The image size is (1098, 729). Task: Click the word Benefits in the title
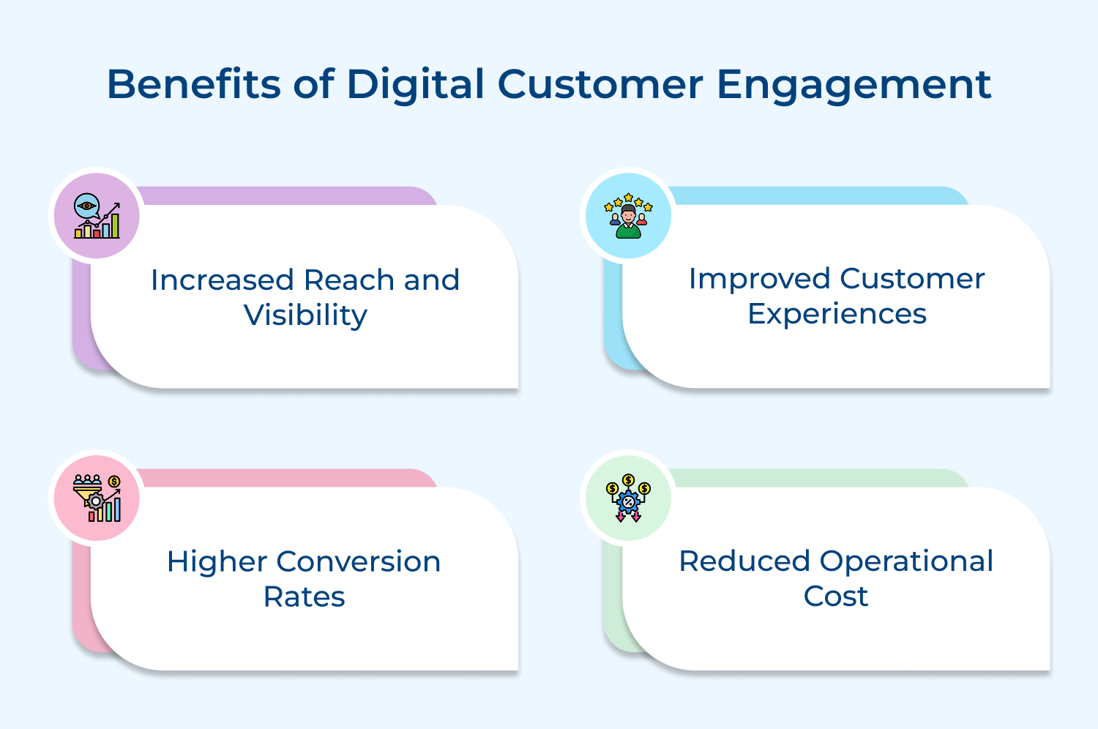(193, 84)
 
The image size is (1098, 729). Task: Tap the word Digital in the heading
(416, 86)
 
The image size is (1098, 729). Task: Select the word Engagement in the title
(854, 86)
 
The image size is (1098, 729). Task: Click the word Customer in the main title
(600, 84)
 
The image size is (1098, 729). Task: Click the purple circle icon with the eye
(97, 216)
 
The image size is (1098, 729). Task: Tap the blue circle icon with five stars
(628, 216)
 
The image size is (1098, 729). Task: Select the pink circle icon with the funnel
(97, 498)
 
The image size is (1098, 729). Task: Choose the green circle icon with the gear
(628, 498)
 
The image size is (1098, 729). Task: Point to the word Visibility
(305, 315)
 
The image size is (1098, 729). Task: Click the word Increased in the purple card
(222, 280)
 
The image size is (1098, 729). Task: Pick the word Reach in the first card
(349, 280)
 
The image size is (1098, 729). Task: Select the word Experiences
(837, 314)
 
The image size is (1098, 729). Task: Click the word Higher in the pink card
(217, 561)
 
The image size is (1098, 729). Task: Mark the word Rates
(304, 597)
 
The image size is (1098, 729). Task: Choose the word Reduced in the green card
(744, 561)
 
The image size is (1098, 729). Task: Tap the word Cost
(835, 596)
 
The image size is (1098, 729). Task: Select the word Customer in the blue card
(912, 279)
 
